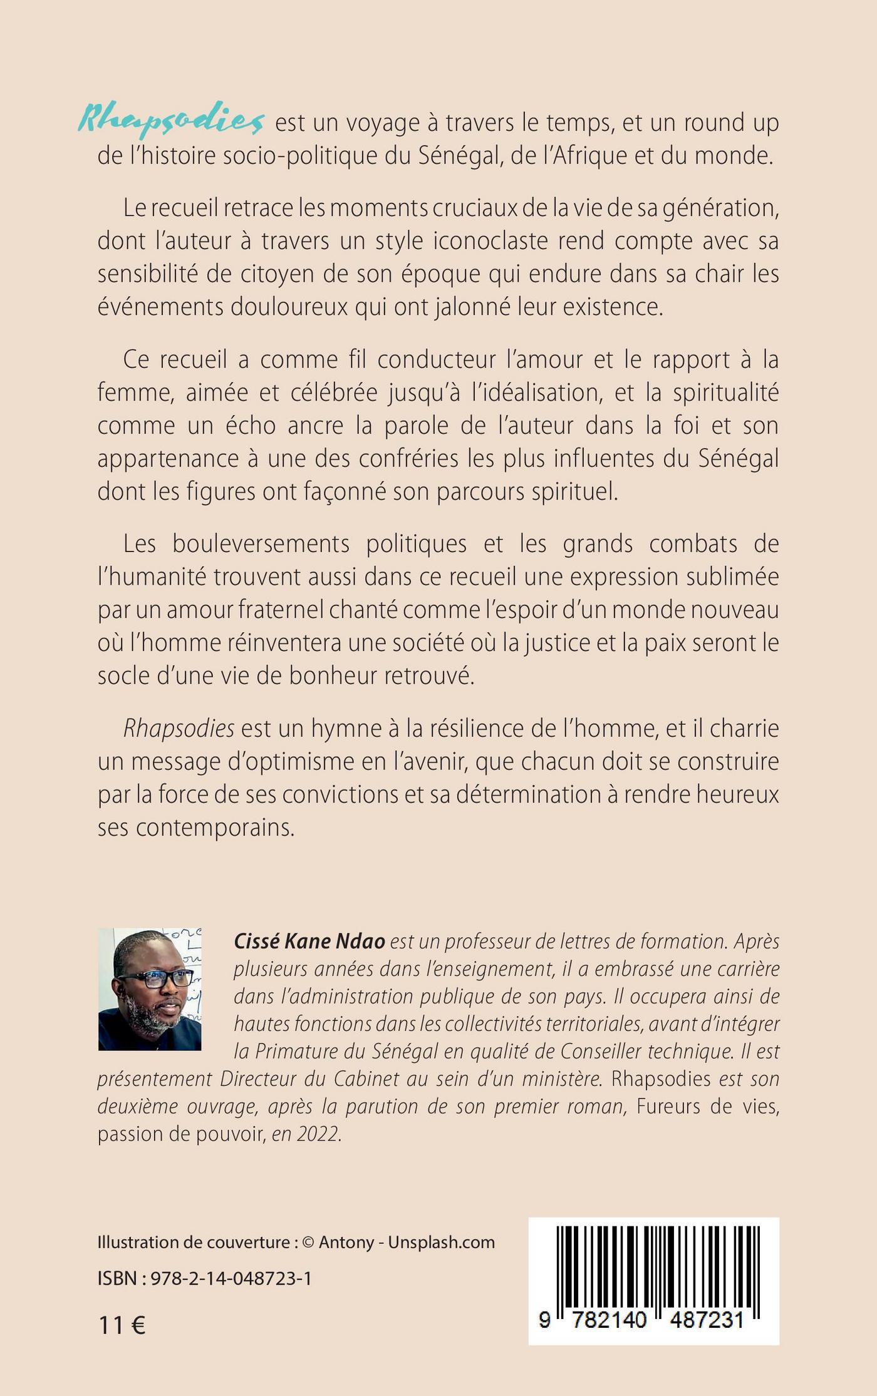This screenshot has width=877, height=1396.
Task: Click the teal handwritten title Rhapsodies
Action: (x=171, y=120)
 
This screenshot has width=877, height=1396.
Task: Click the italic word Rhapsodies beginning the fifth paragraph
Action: (x=179, y=728)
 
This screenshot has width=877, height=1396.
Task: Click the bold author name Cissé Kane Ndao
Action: (x=309, y=942)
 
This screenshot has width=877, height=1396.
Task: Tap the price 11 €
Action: (x=122, y=1325)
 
